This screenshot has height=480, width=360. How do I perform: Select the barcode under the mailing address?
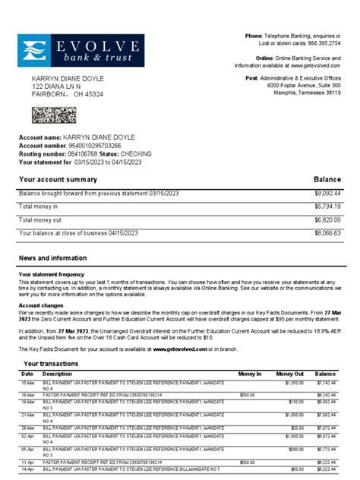[x=52, y=115]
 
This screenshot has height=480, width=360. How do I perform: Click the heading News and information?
[x=52, y=258]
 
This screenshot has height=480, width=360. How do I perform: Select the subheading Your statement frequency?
[x=52, y=273]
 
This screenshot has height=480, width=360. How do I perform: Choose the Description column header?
[x=58, y=374]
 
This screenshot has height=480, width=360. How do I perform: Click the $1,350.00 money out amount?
[x=293, y=384]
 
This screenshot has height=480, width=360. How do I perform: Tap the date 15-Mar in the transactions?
[x=28, y=384]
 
